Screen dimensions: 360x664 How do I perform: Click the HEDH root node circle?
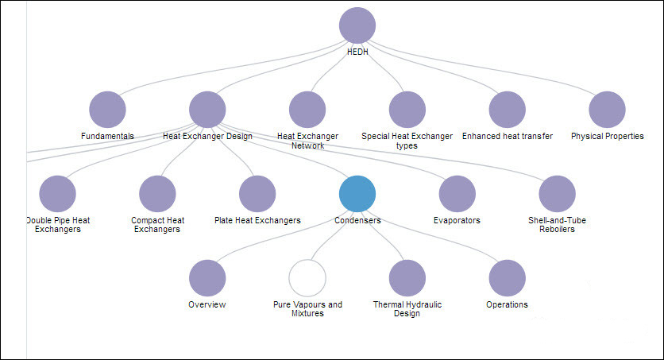[357, 25]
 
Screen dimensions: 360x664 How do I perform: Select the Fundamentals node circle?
[108, 110]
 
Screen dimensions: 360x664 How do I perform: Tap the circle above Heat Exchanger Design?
[208, 110]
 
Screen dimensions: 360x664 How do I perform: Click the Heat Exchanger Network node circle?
[307, 110]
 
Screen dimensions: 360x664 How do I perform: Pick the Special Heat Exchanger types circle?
[407, 110]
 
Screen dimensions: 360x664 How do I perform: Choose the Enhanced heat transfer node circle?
[508, 110]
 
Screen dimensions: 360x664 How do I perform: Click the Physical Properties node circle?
[608, 110]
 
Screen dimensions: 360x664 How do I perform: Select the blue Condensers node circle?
[357, 194]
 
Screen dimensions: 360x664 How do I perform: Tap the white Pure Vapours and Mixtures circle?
[307, 278]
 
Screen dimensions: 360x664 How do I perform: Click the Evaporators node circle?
[457, 194]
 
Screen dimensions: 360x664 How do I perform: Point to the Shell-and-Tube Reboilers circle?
[558, 194]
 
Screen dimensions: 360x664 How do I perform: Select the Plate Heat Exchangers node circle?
[257, 194]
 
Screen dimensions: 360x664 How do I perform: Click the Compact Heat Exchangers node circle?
[157, 194]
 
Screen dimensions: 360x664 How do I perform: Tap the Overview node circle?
[207, 278]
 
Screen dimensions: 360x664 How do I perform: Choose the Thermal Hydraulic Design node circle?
[407, 278]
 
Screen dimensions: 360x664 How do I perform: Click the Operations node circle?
[508, 278]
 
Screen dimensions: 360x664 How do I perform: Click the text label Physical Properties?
[608, 136]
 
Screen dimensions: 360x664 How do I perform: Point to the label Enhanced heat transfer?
[508, 136]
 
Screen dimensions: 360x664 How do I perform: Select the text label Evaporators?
[457, 220]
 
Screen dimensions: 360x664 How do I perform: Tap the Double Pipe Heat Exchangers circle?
[57, 194]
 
